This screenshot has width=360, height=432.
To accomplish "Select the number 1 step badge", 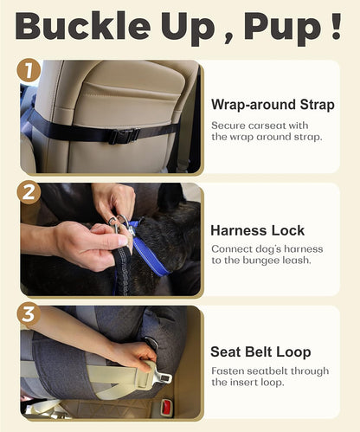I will pos(29,70).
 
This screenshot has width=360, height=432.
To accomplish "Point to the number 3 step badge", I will pos(29,313).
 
